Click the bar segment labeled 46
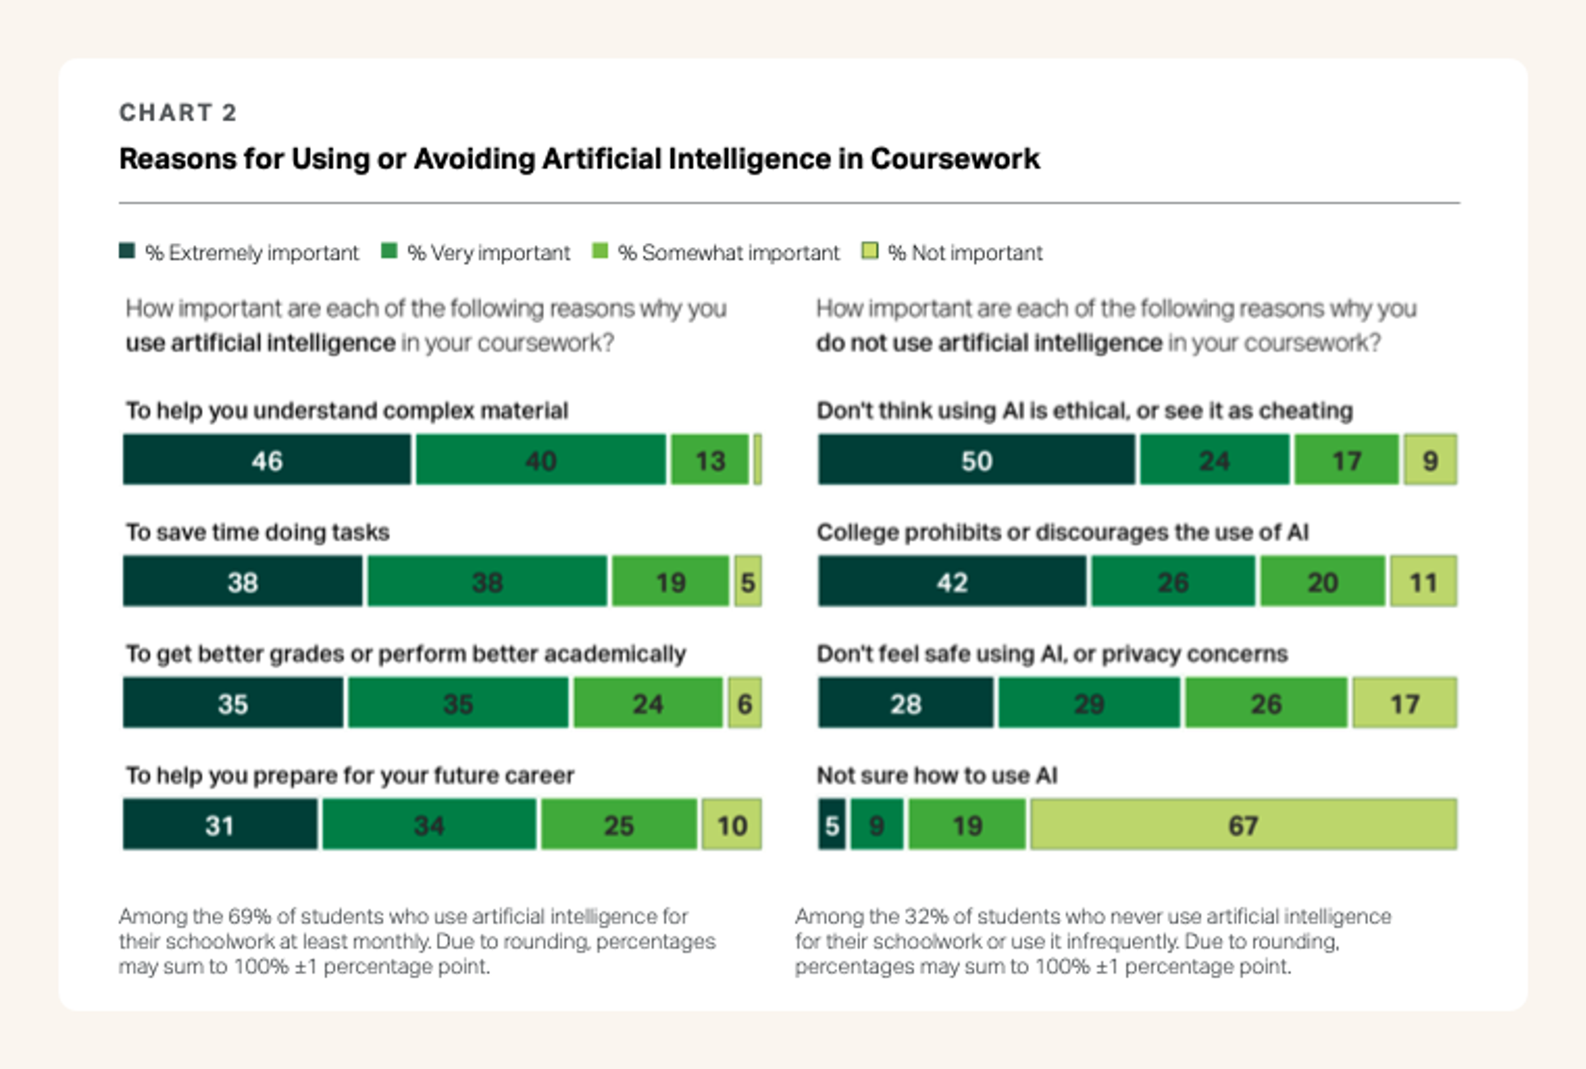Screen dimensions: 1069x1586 [267, 460]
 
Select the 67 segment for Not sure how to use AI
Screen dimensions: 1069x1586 [1243, 825]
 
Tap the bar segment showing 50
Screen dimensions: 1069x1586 [976, 460]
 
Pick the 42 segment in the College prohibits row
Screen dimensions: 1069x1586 [952, 582]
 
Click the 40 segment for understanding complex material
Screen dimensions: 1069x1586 [540, 460]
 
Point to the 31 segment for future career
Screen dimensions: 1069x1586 [220, 825]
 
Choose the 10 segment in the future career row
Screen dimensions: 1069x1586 [732, 825]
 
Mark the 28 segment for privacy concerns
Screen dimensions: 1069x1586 [905, 703]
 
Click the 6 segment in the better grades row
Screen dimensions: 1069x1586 [744, 703]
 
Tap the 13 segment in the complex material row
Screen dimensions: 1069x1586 [710, 460]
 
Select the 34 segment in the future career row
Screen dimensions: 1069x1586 [429, 825]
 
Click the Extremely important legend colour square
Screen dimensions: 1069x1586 [127, 251]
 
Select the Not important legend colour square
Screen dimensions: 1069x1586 [870, 251]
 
